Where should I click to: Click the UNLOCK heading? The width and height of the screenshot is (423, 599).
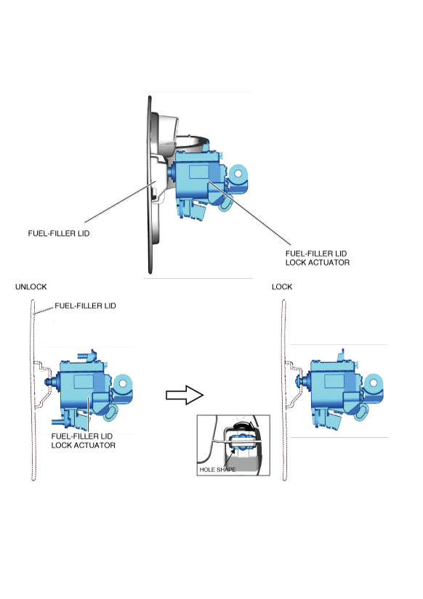click(x=31, y=287)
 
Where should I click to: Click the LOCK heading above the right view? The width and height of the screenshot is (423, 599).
click(x=282, y=287)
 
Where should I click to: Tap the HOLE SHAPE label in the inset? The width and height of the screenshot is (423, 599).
click(x=217, y=470)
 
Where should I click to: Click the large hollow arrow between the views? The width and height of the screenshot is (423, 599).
click(x=185, y=395)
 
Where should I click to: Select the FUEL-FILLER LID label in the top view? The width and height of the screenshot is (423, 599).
click(x=59, y=233)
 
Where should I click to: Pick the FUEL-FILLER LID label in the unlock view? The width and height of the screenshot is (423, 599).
click(x=85, y=306)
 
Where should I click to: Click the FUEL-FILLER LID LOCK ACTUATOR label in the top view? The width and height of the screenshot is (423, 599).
click(x=318, y=258)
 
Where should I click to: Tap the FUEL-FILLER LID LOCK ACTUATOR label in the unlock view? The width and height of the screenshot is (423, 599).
click(x=83, y=441)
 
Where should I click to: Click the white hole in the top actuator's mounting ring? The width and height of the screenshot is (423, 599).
click(x=238, y=174)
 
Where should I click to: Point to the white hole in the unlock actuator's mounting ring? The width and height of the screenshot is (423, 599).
click(x=123, y=383)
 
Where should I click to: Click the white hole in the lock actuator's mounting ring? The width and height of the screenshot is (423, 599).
click(x=374, y=383)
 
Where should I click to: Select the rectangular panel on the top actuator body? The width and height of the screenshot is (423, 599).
click(x=199, y=172)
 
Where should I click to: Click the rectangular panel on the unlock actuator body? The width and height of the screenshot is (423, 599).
click(x=84, y=382)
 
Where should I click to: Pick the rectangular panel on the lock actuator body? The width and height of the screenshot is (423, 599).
click(x=334, y=381)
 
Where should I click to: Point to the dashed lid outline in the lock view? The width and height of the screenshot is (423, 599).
click(x=283, y=390)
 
